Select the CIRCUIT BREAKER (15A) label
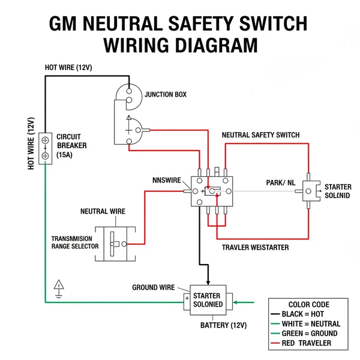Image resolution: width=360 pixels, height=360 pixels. pyautogui.click(x=71, y=146)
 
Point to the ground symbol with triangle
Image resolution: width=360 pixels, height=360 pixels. pyautogui.click(x=59, y=288)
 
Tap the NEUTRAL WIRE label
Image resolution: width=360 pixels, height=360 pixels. pyautogui.click(x=103, y=212)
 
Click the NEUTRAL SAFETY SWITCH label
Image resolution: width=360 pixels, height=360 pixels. pyautogui.click(x=260, y=135)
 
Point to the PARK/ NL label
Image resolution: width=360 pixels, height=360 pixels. pyautogui.click(x=280, y=182)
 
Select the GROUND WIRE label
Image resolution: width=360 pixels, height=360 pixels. pyautogui.click(x=153, y=287)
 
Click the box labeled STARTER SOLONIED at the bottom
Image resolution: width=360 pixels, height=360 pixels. pyautogui.click(x=208, y=299)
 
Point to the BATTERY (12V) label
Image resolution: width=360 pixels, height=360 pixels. pyautogui.click(x=223, y=325)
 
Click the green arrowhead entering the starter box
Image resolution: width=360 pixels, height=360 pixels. pyautogui.click(x=236, y=302)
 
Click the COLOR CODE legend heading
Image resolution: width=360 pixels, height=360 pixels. pyautogui.click(x=309, y=304)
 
